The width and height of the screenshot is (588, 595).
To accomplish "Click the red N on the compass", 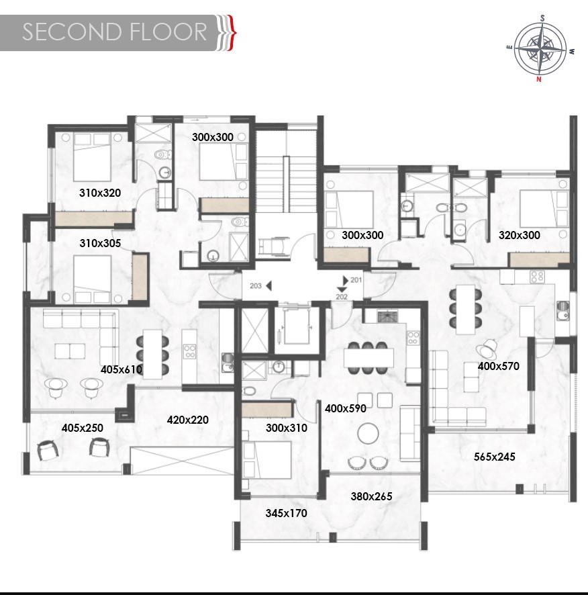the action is coord(539,79).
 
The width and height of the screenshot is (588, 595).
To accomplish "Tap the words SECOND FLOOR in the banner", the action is coord(115,32).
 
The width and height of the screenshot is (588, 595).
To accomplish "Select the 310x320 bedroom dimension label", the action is coord(100,193).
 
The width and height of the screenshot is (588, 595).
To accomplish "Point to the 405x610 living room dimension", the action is coord(121,369).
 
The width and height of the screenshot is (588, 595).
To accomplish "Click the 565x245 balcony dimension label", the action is coord(494,457).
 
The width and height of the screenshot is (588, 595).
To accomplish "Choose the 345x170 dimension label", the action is coord(287,513).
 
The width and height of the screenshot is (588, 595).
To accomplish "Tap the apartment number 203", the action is coord(256,285).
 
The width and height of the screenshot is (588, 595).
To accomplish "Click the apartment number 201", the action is coord(356,280).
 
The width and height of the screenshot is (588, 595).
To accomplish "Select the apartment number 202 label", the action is coord(342,297).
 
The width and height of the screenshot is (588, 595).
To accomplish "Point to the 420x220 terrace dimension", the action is coord(188,420).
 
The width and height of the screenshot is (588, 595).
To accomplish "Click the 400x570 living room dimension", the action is coord(499,366).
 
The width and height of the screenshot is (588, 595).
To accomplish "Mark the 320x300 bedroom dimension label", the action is coord(520,235).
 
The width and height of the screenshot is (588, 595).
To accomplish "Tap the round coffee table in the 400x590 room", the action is coord(368,433).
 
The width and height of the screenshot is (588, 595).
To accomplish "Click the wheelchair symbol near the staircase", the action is coord(273,246).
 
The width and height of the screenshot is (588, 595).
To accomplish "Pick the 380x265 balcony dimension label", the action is coord(371,496).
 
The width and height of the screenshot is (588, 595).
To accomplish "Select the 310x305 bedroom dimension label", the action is coord(100,243).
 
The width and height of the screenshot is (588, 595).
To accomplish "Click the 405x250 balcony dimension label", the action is coord(83,428).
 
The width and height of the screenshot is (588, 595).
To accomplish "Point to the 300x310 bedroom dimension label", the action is coord(287,428).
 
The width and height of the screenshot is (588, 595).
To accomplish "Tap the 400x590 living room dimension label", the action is coord(346,408).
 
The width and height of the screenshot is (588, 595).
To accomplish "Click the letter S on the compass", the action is coord(542,18).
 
